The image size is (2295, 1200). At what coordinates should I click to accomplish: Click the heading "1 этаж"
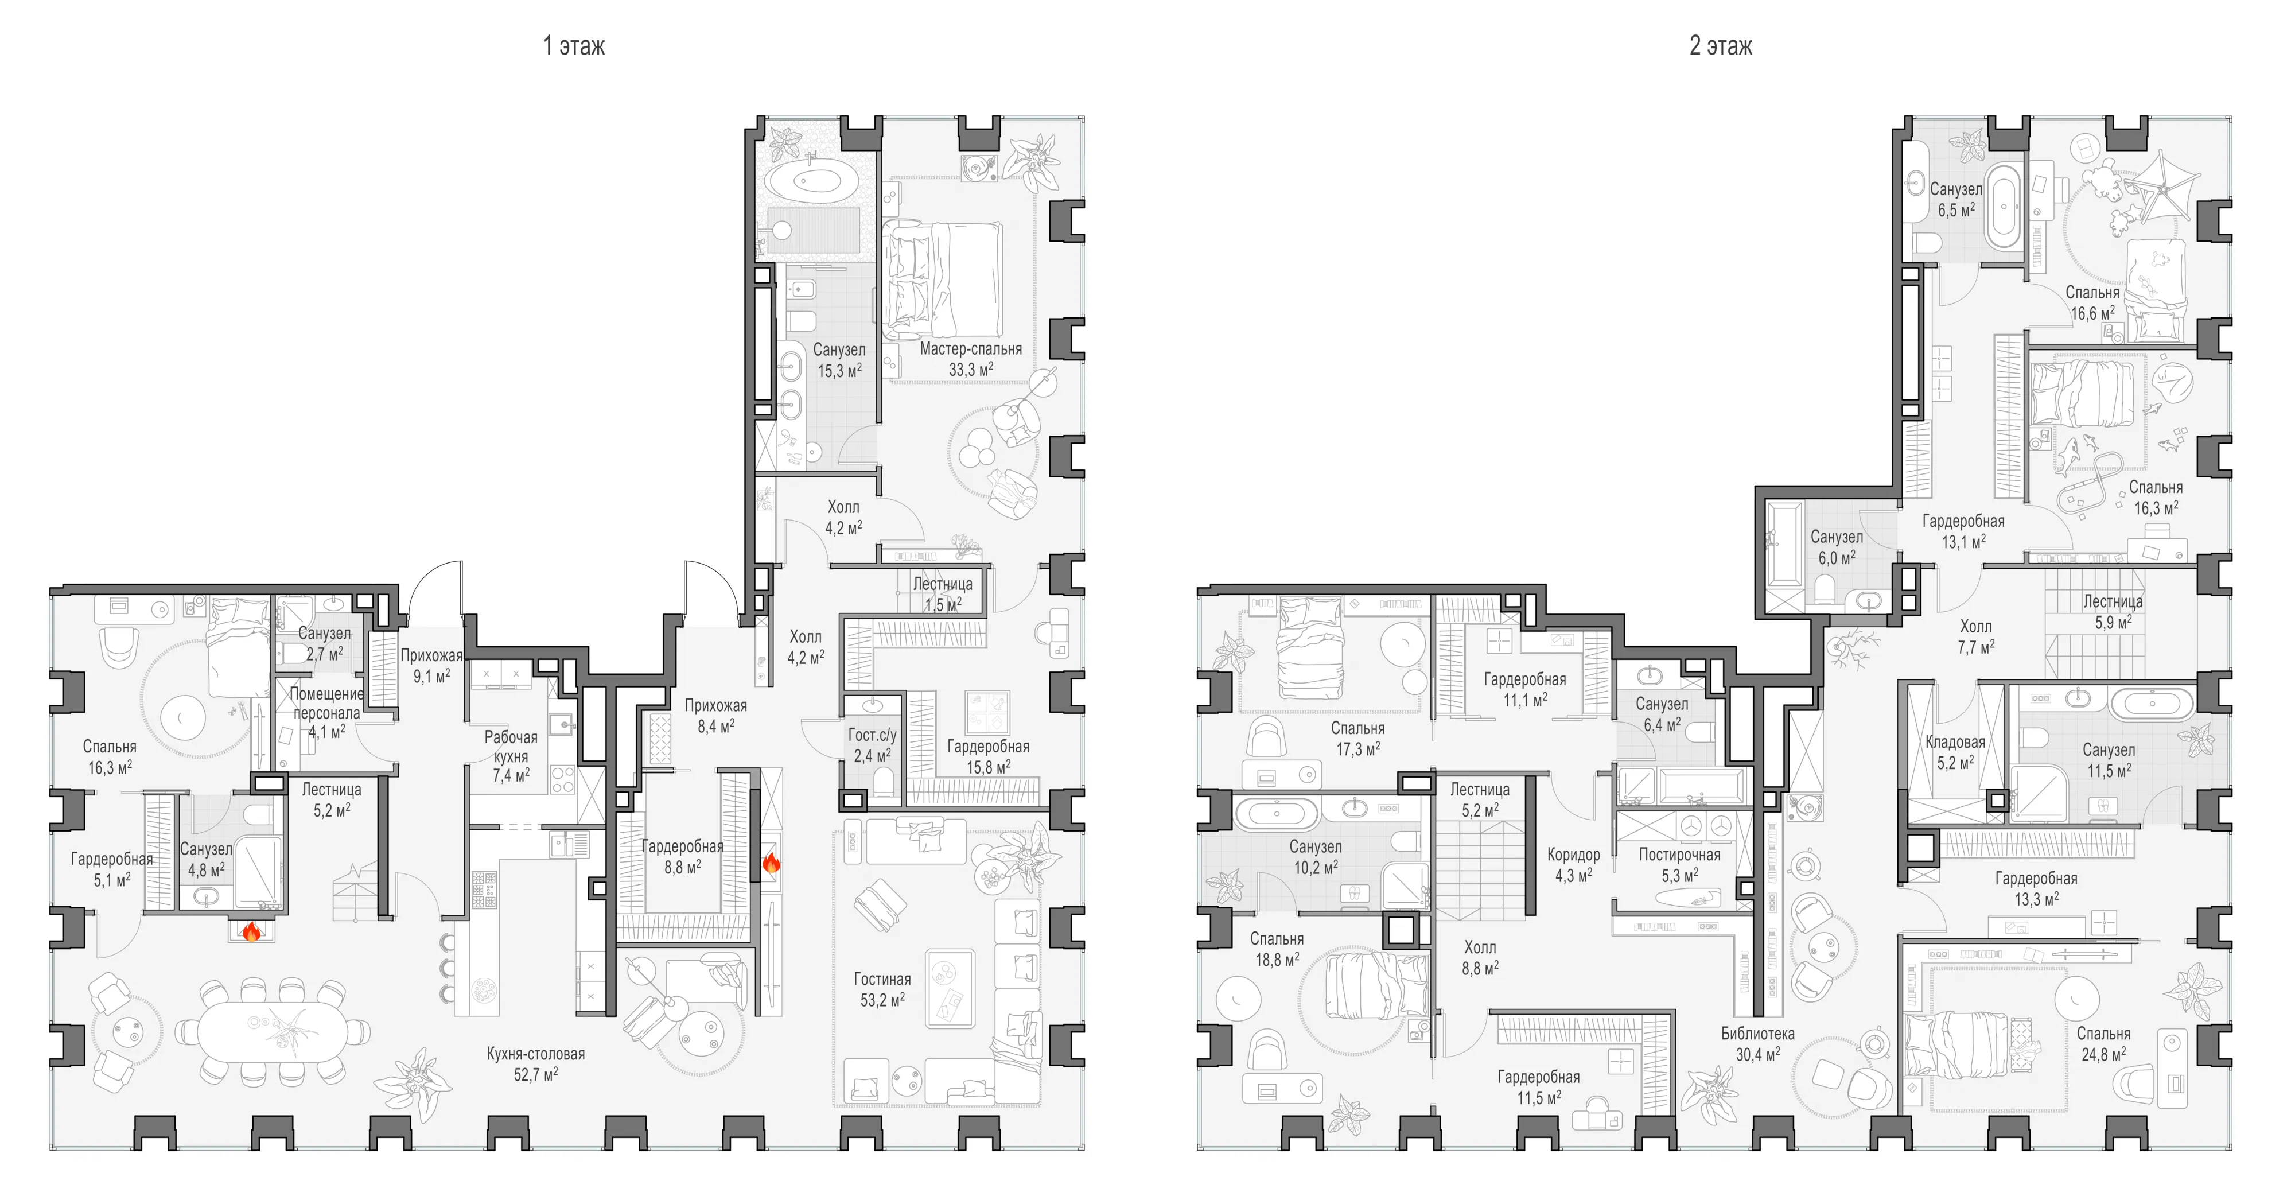[x=574, y=45]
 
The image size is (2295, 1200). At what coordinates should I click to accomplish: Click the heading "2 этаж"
[x=1720, y=45]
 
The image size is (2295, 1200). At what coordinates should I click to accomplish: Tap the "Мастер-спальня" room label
[x=970, y=348]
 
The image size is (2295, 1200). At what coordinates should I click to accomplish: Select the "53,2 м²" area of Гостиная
[x=882, y=1000]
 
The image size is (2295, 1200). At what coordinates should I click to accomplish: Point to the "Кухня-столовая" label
[x=535, y=1054]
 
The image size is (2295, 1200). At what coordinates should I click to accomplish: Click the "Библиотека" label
[x=1757, y=1034]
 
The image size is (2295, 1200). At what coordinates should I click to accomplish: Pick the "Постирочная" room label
[x=1679, y=855]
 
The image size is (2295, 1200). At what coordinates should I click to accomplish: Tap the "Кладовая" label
[x=1955, y=742]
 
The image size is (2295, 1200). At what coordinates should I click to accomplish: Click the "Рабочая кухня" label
[x=511, y=747]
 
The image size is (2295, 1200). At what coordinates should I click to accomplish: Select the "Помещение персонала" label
[x=326, y=703]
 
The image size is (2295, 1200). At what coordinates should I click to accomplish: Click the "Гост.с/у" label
[x=872, y=735]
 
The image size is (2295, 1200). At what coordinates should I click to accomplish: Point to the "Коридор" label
[x=1573, y=855]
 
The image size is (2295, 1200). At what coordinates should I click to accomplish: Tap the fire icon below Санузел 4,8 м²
[x=252, y=932]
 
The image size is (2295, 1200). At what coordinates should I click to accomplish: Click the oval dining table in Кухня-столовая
[x=273, y=1032]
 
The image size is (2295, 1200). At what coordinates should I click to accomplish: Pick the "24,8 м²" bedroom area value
[x=2103, y=1055]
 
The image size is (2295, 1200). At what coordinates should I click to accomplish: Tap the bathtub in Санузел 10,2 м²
[x=1277, y=813]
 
